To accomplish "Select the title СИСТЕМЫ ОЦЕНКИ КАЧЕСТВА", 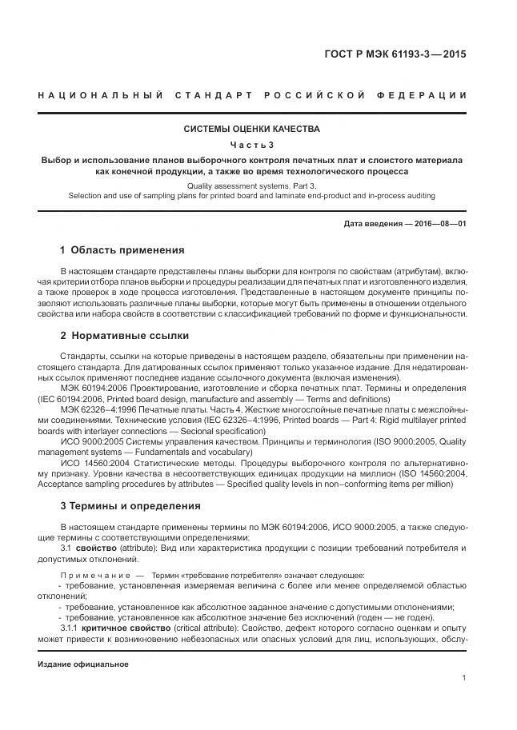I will (x=252, y=129).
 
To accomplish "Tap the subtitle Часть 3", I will (x=252, y=145).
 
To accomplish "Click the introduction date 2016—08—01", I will (x=439, y=225).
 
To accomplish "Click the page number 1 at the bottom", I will (x=464, y=678).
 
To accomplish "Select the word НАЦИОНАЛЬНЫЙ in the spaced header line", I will (x=95, y=96).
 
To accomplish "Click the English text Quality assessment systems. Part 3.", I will (x=252, y=185).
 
